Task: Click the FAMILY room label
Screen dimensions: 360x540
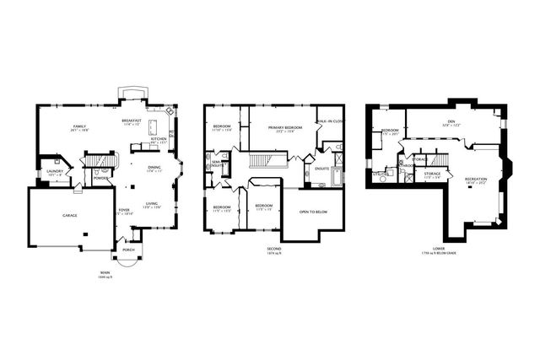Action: pyautogui.click(x=80, y=126)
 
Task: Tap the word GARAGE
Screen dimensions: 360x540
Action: pyautogui.click(x=69, y=215)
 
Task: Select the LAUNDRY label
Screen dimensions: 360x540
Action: pyautogui.click(x=55, y=170)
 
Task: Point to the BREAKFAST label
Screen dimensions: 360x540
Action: pyautogui.click(x=132, y=121)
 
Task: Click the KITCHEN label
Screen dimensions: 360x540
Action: pyautogui.click(x=159, y=139)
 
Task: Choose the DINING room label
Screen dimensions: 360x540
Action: pyautogui.click(x=154, y=166)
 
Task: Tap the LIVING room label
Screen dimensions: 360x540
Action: pyautogui.click(x=152, y=204)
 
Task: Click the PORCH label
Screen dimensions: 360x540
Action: pyautogui.click(x=129, y=250)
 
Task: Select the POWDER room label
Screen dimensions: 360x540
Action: pyautogui.click(x=101, y=178)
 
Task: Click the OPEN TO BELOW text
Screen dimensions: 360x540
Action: pyautogui.click(x=313, y=212)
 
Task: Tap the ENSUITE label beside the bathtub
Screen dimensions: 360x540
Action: pyautogui.click(x=321, y=168)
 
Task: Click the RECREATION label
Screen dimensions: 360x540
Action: pyautogui.click(x=476, y=179)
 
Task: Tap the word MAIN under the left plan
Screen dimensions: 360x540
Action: pyautogui.click(x=104, y=272)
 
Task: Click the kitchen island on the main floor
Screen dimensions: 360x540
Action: pyautogui.click(x=154, y=126)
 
